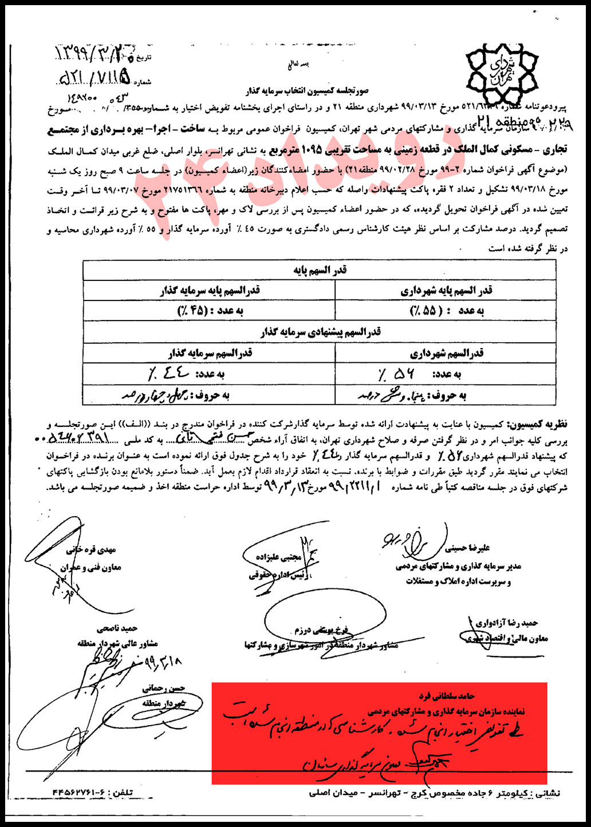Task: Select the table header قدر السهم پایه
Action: coord(320,270)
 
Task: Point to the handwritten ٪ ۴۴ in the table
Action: coord(166,374)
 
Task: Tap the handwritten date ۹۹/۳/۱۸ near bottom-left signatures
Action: coord(163,662)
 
